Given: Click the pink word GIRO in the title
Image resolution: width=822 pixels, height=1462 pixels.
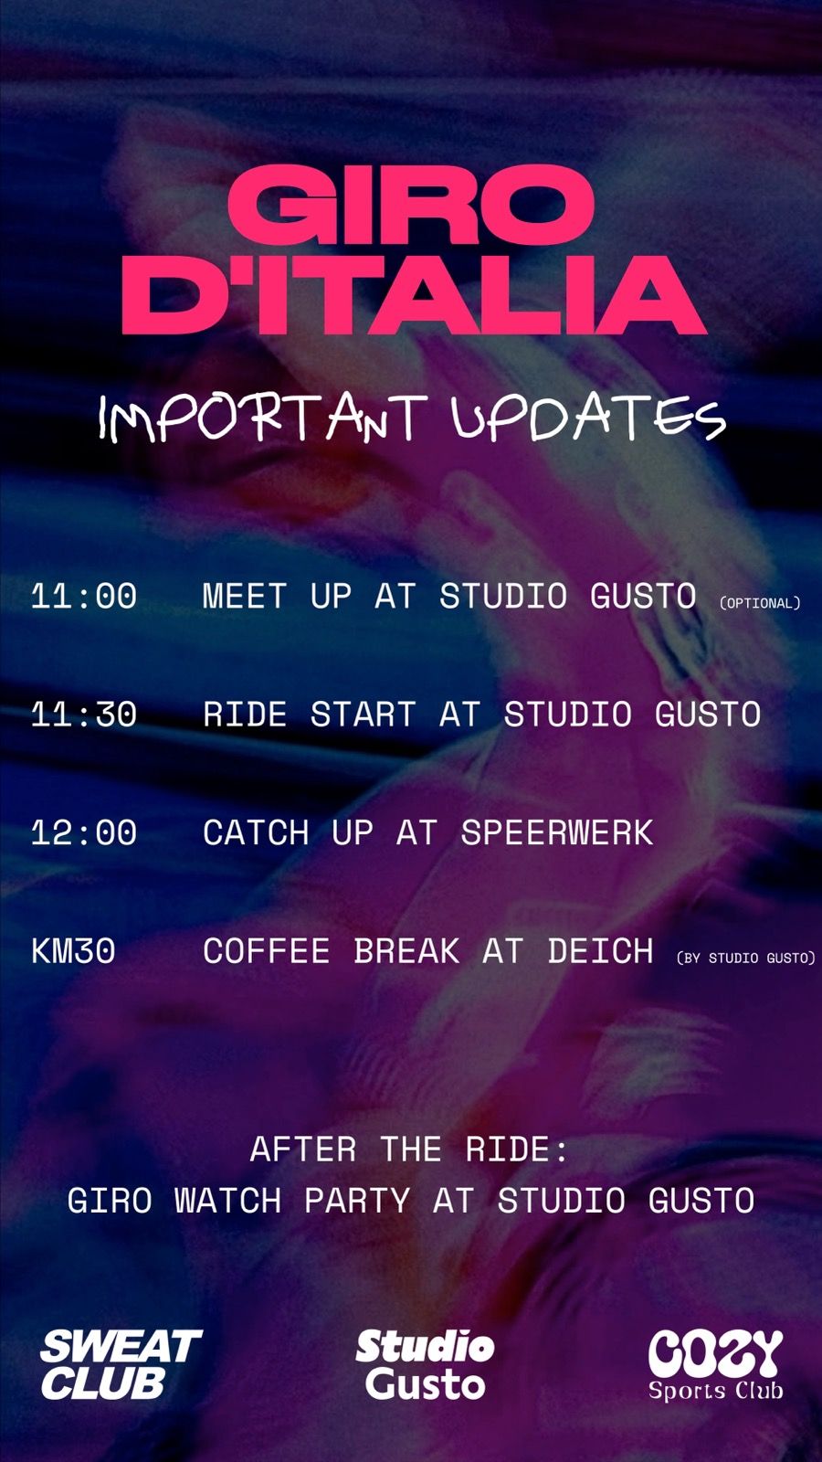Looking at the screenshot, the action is coord(410,205).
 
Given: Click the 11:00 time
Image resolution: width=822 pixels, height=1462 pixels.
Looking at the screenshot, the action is coord(84,597).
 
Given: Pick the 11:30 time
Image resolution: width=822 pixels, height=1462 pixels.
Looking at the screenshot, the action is coord(84,714).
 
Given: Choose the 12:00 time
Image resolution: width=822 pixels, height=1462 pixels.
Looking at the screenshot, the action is coord(84,832).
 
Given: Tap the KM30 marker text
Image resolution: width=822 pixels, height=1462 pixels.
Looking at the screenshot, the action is coord(73,950).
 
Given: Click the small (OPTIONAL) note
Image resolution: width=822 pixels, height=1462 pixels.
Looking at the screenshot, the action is coord(759,603).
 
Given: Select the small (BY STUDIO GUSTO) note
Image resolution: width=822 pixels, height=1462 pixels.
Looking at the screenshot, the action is coord(745,958).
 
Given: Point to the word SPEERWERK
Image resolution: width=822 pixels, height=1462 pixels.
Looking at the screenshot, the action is coord(556,832).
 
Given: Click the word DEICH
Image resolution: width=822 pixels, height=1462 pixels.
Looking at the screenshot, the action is coord(600,950).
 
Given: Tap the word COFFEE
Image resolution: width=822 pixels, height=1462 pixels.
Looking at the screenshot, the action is coord(266,950).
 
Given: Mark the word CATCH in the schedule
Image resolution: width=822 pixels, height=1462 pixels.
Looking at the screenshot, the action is coord(256,832).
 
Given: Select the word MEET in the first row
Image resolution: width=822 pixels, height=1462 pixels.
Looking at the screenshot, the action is coord(245,597).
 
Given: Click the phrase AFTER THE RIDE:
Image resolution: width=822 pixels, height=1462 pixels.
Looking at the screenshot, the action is coord(409,1149).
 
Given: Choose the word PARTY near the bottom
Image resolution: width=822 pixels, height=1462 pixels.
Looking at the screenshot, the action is coord(357,1201).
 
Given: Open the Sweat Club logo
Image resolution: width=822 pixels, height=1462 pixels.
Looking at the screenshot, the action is coord(121,1364).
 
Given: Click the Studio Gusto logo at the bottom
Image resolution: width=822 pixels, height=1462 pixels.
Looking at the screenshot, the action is coord(425,1364).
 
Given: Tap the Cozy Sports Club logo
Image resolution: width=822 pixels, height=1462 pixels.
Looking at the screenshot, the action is coord(715,1364).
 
